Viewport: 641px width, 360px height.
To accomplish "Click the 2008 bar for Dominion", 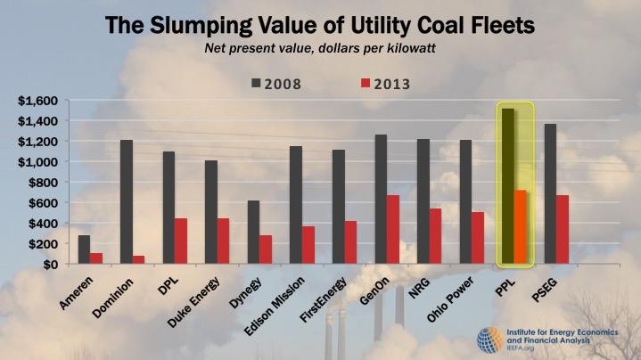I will click(127, 202).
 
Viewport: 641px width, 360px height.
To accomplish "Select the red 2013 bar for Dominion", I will click(140, 260).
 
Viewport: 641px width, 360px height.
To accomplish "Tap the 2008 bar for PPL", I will click(508, 187).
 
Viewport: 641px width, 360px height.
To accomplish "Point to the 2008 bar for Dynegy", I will click(253, 233).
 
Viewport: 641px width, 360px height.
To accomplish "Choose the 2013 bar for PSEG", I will click(563, 230).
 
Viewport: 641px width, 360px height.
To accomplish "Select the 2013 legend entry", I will click(374, 85).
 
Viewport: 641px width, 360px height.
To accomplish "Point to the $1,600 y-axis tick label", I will click(38, 101).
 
